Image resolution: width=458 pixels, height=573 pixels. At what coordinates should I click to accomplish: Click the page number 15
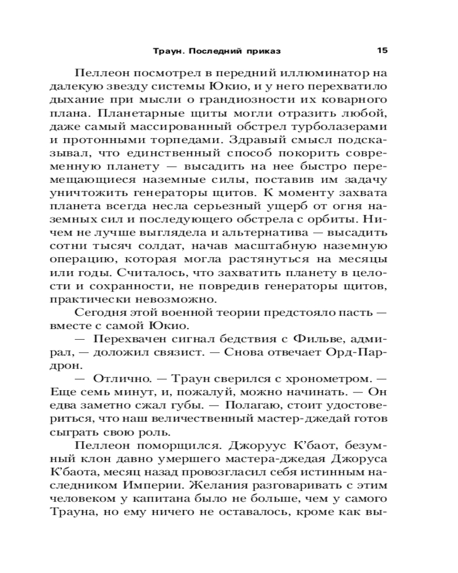(x=383, y=50)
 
